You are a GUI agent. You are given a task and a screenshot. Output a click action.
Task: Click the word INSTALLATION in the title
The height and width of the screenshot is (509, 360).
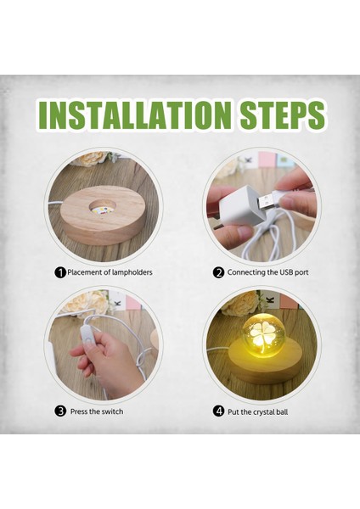click(x=132, y=115)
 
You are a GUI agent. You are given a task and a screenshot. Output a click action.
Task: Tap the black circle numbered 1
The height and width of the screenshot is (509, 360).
click(x=60, y=272)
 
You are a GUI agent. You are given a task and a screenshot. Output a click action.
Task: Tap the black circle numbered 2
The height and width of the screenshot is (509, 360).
click(x=218, y=272)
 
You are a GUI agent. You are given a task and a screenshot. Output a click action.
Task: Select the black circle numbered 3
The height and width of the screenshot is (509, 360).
click(x=60, y=411)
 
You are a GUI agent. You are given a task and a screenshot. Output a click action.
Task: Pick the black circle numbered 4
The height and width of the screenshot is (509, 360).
click(x=218, y=411)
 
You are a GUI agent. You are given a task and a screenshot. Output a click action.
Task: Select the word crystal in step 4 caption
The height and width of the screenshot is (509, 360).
click(x=267, y=411)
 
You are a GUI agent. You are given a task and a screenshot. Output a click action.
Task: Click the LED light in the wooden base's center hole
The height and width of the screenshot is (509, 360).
click(x=96, y=207)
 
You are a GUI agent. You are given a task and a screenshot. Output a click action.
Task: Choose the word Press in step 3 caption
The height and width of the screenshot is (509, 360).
click(x=82, y=411)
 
